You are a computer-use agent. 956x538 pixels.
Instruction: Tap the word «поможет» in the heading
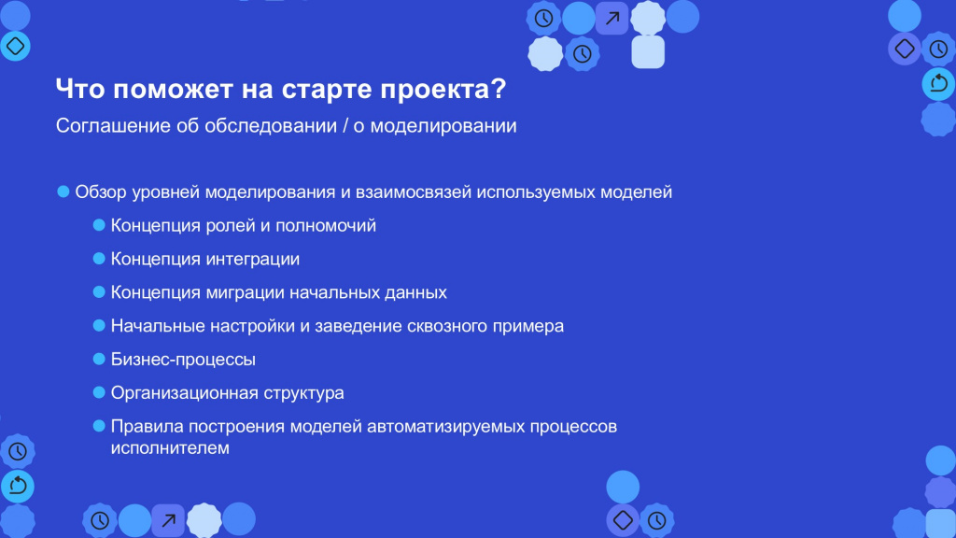174,89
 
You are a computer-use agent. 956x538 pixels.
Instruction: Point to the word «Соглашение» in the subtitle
113,126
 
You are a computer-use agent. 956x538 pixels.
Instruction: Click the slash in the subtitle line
345,126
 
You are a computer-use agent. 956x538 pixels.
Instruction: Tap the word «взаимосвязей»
414,192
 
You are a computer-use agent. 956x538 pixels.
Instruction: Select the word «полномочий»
326,226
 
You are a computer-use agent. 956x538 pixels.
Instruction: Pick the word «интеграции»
252,260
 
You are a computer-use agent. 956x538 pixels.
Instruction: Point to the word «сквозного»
447,326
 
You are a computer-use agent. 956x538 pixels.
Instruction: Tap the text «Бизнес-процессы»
183,360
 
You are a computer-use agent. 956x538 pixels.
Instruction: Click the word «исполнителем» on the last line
170,447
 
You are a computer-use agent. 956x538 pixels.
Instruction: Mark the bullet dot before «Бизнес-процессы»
99,359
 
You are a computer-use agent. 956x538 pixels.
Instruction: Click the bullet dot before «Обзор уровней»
63,191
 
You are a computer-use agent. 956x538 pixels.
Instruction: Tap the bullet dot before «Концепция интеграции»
99,259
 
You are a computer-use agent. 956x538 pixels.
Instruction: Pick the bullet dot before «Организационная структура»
99,392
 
